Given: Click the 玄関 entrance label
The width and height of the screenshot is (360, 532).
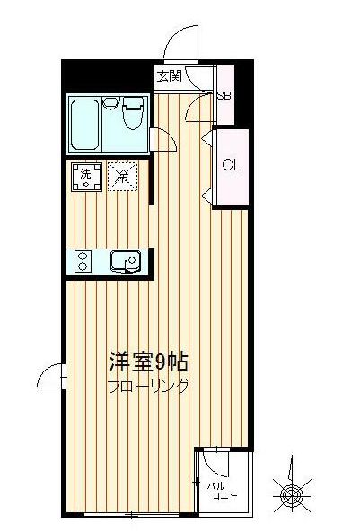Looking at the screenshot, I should pyautogui.click(x=169, y=76).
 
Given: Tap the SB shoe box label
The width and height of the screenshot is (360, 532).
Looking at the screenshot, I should pyautogui.click(x=224, y=93).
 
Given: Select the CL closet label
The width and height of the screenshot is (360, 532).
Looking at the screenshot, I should pyautogui.click(x=231, y=165).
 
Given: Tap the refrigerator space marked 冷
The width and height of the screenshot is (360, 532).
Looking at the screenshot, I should pyautogui.click(x=120, y=176).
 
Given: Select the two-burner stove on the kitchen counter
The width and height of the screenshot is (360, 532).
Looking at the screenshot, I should pyautogui.click(x=83, y=260).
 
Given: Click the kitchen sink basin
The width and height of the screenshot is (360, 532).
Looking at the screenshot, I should pyautogui.click(x=122, y=261).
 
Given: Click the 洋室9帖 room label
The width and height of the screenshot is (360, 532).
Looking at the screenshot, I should pyautogui.click(x=147, y=363).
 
